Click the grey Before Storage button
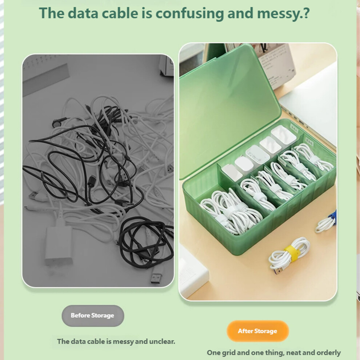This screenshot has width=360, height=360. (93, 316)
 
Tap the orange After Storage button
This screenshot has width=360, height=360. (257, 331)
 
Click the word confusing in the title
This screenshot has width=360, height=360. (190, 13)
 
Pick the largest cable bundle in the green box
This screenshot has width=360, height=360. (231, 211)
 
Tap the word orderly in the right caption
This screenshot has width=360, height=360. (329, 353)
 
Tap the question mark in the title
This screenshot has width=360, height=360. (306, 13)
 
